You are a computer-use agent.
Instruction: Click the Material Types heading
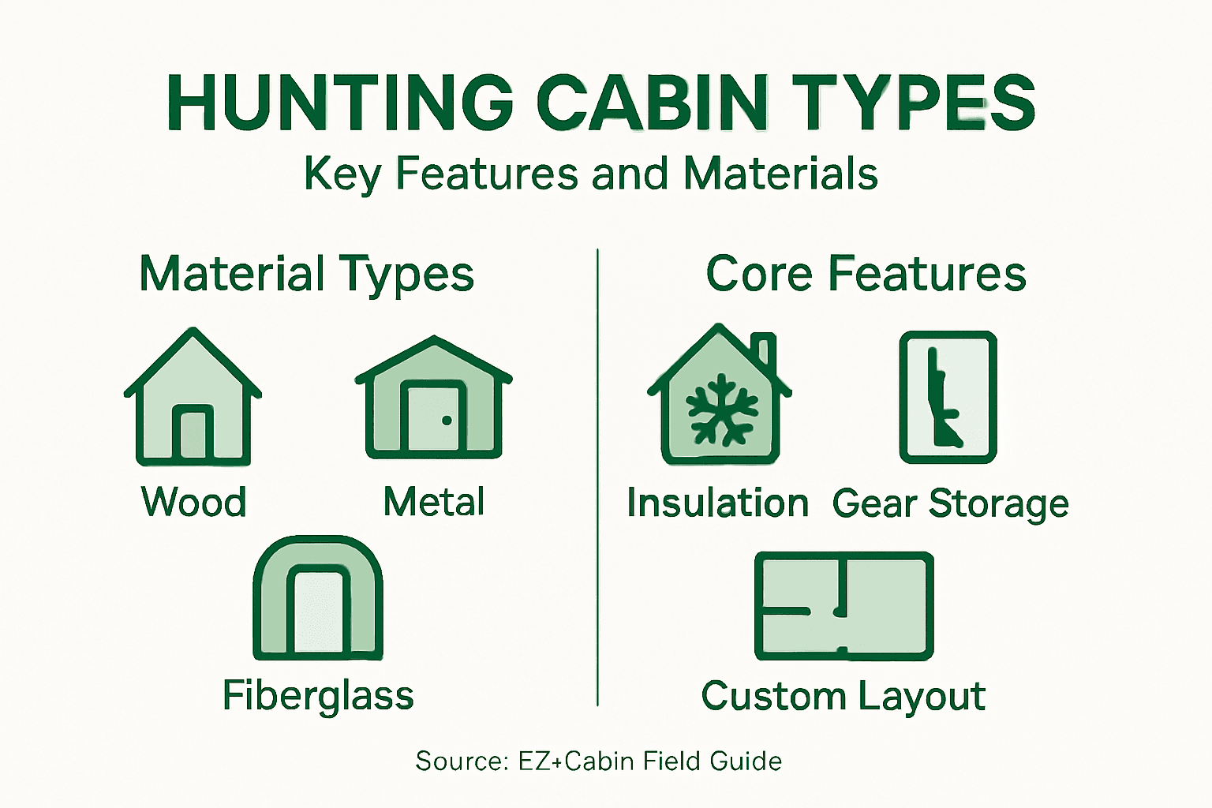coord(306,275)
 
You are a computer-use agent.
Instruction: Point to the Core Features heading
coord(866,275)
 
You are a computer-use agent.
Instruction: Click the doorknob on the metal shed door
coord(447,421)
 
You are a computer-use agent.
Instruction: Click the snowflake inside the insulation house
coord(721,410)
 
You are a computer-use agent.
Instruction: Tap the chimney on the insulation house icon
coord(764,351)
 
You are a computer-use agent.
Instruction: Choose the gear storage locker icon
coord(948,397)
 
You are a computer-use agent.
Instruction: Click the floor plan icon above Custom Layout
coord(844,606)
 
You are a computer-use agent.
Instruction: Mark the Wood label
coord(193,502)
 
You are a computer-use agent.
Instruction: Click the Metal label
coord(434,502)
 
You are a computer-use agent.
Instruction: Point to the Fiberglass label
coord(318,696)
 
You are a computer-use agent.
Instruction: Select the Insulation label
coord(717,503)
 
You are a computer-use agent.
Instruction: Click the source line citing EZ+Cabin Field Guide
coord(598,761)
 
